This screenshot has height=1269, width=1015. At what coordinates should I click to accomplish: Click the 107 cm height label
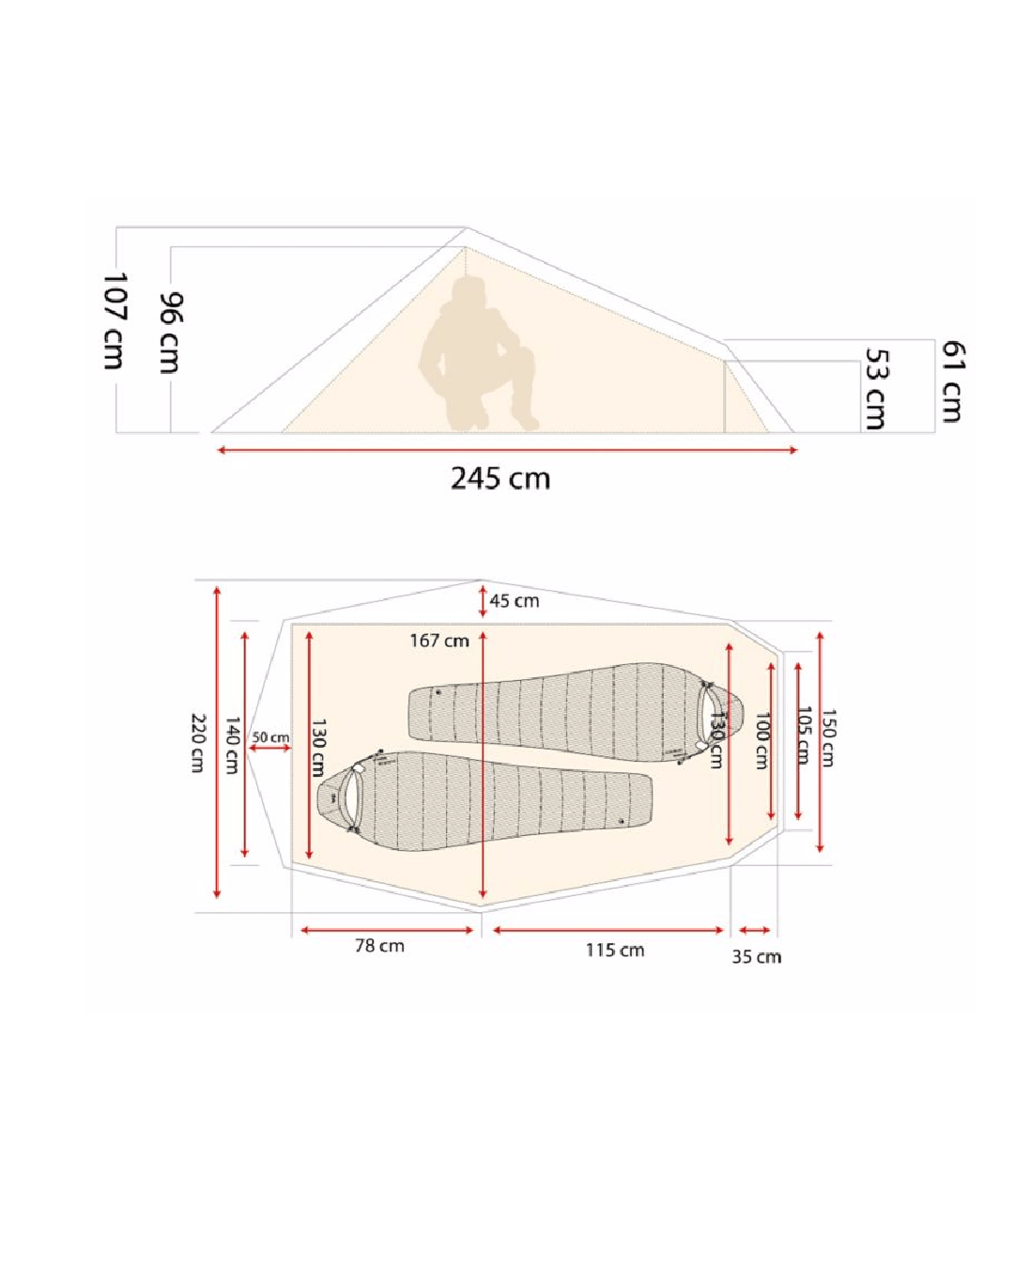(115, 321)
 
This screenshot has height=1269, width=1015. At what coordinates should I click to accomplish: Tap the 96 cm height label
(171, 333)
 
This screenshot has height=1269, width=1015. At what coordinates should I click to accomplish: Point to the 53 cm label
(876, 389)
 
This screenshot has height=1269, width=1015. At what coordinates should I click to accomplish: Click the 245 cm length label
(500, 478)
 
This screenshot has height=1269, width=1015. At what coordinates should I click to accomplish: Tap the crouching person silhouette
(478, 353)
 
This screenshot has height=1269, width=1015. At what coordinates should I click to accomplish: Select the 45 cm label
(514, 601)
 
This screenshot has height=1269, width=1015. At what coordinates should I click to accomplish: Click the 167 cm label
(439, 641)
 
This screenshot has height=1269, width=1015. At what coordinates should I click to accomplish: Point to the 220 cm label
(198, 743)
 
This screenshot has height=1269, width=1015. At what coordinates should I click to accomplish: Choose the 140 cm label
(233, 746)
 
